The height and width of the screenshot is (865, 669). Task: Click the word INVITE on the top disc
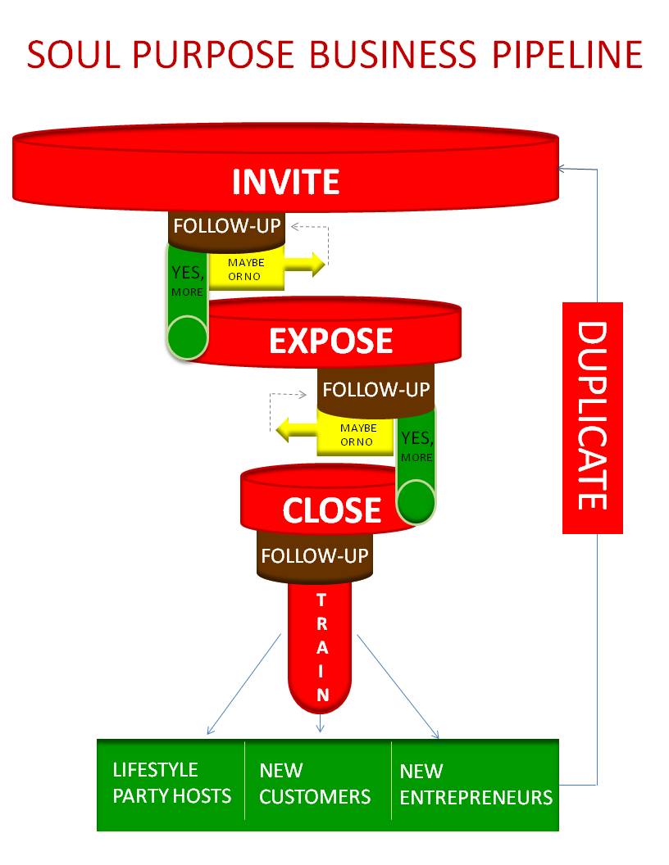click(x=285, y=181)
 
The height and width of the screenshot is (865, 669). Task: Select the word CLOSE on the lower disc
click(x=331, y=510)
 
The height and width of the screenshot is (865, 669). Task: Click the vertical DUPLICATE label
click(x=592, y=417)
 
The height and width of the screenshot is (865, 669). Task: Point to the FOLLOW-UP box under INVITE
click(x=226, y=226)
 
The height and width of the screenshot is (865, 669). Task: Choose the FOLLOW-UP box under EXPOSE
click(x=375, y=389)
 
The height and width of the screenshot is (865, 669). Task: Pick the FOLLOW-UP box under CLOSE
click(x=314, y=556)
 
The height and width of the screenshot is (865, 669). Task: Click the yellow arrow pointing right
click(x=305, y=264)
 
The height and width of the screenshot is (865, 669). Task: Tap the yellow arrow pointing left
click(x=295, y=428)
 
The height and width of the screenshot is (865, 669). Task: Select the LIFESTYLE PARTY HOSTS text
click(x=171, y=783)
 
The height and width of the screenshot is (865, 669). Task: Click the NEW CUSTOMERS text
click(x=315, y=783)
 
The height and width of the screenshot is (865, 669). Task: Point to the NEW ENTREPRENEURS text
click(x=476, y=784)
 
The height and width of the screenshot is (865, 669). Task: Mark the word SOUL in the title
click(x=70, y=54)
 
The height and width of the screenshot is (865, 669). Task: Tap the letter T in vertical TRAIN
click(x=322, y=600)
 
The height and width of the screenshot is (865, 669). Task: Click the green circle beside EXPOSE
click(x=187, y=336)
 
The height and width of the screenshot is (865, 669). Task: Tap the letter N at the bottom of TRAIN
click(x=322, y=695)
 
